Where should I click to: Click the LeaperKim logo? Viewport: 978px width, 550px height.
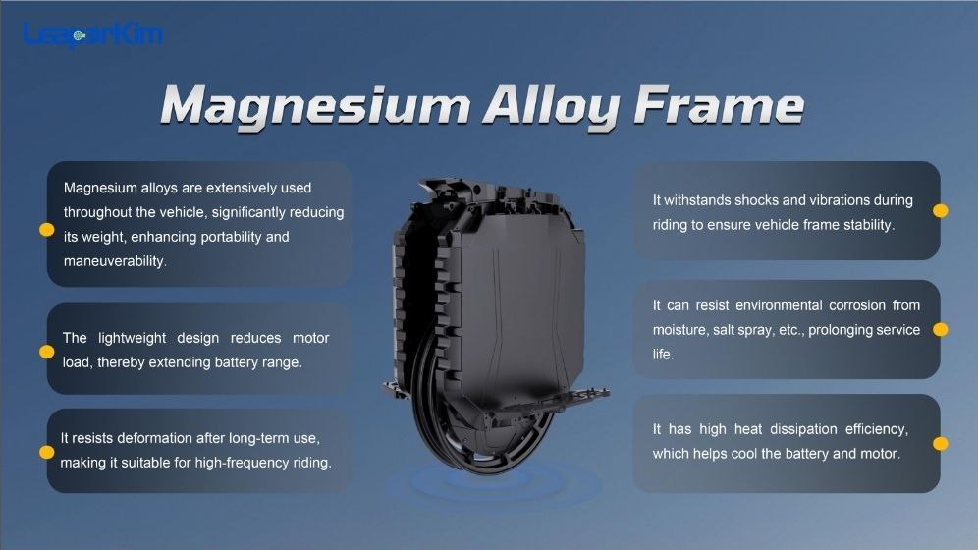click(x=93, y=34)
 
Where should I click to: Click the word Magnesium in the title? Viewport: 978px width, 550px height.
click(x=315, y=107)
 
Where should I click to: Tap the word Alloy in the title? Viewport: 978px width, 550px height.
click(x=552, y=107)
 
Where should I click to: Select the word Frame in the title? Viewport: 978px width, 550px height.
click(x=719, y=105)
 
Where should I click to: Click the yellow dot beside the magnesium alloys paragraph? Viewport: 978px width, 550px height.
click(x=47, y=230)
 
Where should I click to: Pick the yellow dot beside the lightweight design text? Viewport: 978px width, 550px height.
click(x=47, y=352)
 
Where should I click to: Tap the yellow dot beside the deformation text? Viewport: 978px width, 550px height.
click(x=47, y=452)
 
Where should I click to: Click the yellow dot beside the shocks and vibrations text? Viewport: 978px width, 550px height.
click(x=941, y=211)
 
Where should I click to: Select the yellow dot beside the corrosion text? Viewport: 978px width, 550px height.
click(x=941, y=329)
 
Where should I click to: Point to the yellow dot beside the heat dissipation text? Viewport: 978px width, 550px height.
click(x=941, y=443)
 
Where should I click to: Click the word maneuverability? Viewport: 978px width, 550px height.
click(x=115, y=261)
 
